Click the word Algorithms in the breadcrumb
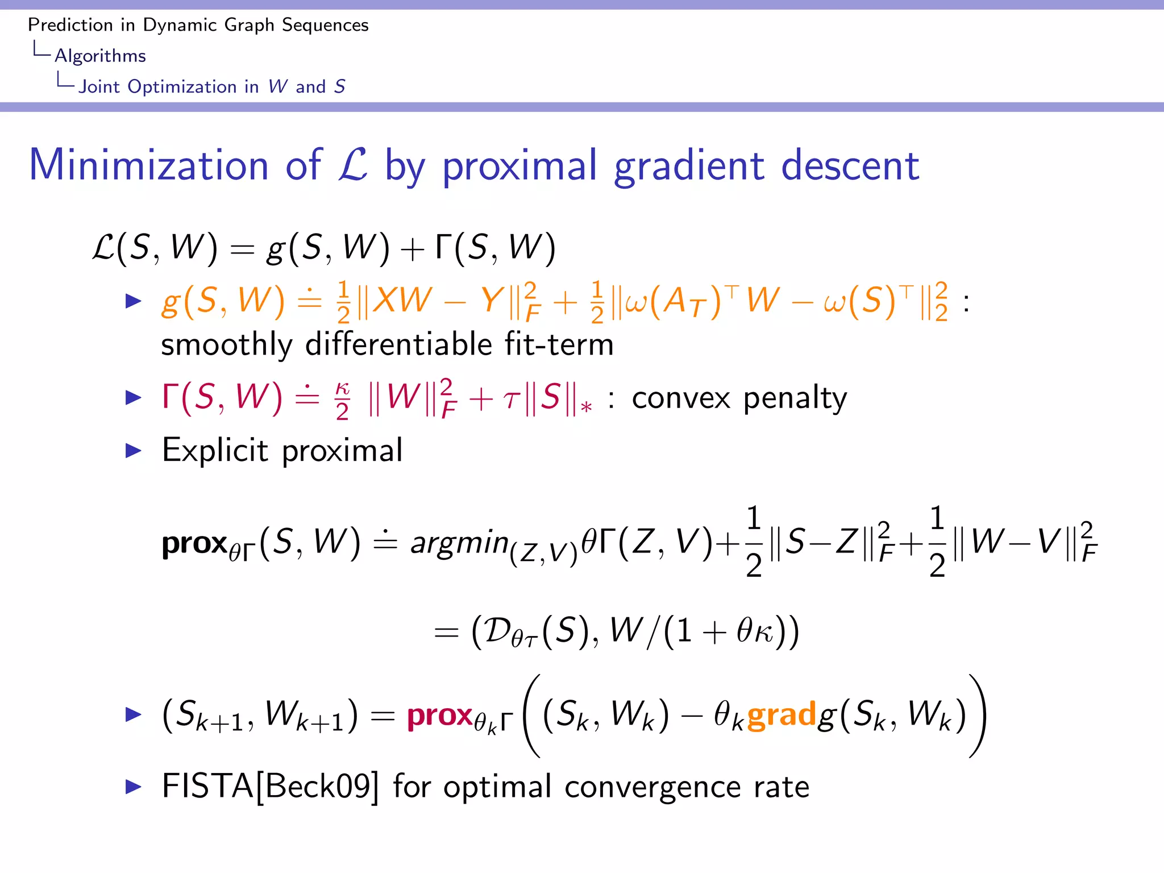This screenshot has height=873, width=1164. (x=100, y=56)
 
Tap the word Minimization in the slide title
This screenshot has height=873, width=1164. (x=148, y=165)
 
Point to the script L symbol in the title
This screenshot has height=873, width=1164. (x=353, y=165)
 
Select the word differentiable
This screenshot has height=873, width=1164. (x=398, y=344)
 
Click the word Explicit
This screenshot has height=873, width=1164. (x=215, y=451)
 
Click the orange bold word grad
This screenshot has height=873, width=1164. (x=781, y=715)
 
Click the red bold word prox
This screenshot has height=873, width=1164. (x=440, y=715)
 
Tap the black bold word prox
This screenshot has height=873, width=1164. (x=194, y=543)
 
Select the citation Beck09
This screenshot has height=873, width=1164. (x=318, y=787)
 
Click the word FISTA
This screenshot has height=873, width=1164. (x=207, y=787)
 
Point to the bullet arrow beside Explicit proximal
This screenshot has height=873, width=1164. (x=134, y=451)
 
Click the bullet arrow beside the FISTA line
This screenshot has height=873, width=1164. (x=134, y=787)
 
